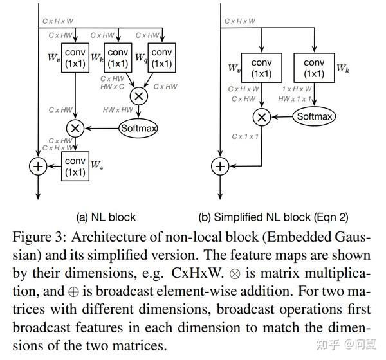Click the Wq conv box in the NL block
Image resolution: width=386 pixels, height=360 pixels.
pyautogui.click(x=161, y=58)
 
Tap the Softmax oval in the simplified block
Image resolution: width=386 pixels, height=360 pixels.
pyautogui.click(x=315, y=116)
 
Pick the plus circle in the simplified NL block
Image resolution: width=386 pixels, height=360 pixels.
pyautogui.click(x=220, y=166)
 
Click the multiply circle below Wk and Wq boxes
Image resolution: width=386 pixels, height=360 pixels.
pyautogui.click(x=138, y=96)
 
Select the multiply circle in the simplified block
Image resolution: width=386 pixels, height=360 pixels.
pyautogui.click(x=261, y=116)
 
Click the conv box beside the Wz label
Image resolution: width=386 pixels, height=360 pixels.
pyautogui.click(x=75, y=166)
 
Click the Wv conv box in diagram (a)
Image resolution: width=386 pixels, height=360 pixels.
pyautogui.click(x=75, y=58)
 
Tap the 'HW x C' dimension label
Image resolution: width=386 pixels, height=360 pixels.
pyautogui.click(x=114, y=87)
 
